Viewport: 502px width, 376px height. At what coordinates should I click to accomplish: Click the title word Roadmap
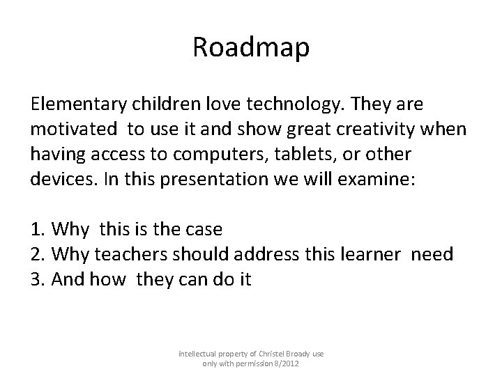click(x=251, y=49)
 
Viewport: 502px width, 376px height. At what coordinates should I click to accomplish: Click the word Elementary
click(x=77, y=104)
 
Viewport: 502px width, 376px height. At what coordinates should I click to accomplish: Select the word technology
click(x=268, y=104)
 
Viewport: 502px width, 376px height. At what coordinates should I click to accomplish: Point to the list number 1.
click(x=36, y=230)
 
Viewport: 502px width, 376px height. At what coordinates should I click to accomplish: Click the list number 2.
click(x=36, y=255)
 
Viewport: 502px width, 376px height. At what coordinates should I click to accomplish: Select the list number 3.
click(x=36, y=280)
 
